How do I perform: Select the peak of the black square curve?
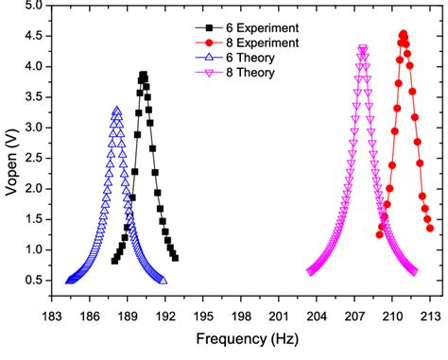click(x=144, y=75)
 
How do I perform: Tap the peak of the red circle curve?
click(x=404, y=34)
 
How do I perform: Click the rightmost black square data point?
click(x=175, y=257)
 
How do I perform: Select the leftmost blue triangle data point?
click(x=69, y=281)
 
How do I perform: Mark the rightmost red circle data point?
click(x=430, y=228)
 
